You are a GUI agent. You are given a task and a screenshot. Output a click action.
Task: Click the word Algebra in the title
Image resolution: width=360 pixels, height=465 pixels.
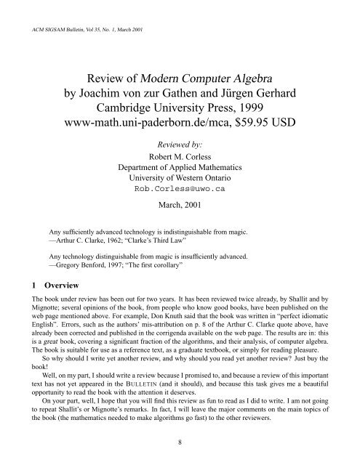[x=261, y=78]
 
